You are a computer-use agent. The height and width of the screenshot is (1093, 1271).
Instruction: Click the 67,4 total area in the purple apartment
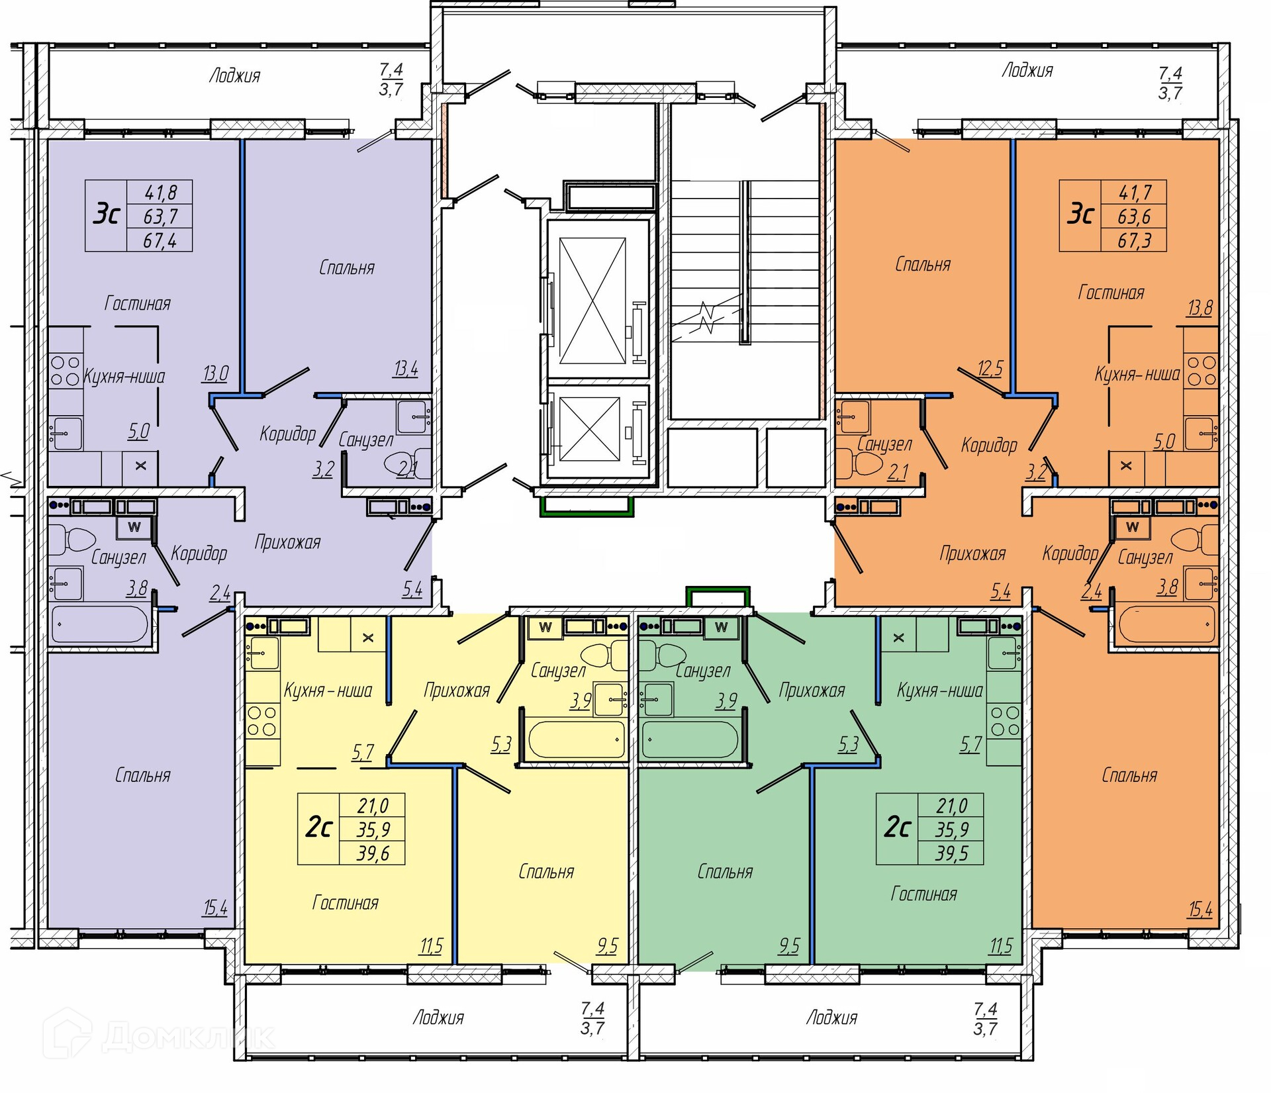(x=160, y=240)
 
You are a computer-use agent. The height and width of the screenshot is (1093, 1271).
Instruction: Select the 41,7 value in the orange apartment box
(x=1135, y=193)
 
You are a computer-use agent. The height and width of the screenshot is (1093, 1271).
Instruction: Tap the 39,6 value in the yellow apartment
(x=373, y=853)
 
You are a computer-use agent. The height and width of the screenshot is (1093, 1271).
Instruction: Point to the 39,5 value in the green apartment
(x=951, y=853)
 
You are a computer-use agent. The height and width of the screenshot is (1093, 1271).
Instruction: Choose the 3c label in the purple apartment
(x=106, y=215)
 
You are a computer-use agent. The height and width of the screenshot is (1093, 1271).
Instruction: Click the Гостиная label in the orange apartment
(x=1111, y=293)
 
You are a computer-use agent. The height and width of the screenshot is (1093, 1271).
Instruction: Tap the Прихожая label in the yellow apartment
(x=457, y=690)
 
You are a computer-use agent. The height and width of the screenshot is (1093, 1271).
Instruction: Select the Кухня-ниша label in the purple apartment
(x=124, y=377)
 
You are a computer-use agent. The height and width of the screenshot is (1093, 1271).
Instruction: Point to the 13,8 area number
(x=1200, y=308)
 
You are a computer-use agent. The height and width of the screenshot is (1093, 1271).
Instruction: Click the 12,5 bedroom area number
(x=990, y=368)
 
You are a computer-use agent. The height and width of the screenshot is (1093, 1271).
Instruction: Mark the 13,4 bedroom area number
(x=405, y=368)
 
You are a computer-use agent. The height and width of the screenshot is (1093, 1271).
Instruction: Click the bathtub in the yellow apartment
(x=577, y=739)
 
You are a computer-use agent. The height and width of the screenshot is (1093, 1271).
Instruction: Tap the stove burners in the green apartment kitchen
(x=1005, y=721)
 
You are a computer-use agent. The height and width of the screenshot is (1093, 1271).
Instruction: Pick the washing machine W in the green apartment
(x=721, y=627)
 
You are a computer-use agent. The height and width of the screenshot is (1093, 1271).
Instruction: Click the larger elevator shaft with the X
(x=592, y=300)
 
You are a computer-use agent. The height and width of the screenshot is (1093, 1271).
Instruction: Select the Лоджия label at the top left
(x=235, y=75)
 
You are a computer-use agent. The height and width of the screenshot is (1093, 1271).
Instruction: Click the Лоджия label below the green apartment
(x=831, y=1018)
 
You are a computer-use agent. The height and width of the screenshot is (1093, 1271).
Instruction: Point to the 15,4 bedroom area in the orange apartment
(x=1200, y=909)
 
